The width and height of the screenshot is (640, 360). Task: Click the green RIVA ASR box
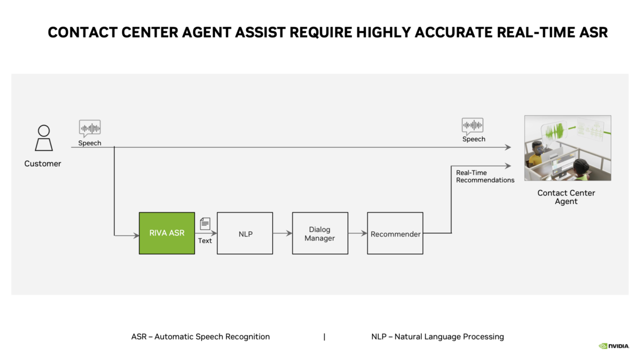[166, 233]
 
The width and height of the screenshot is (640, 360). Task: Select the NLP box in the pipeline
[245, 233]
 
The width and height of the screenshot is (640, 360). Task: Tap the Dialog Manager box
[320, 233]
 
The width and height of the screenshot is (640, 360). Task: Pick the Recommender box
[395, 233]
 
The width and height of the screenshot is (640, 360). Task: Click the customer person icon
[43, 137]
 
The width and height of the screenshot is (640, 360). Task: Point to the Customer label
[42, 163]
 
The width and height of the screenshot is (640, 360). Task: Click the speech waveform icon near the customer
[89, 128]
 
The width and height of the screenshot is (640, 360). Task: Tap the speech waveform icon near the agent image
[472, 126]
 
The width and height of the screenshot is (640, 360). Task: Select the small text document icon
[205, 223]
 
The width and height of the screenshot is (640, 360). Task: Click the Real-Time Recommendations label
[484, 176]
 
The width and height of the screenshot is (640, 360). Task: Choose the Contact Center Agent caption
[566, 197]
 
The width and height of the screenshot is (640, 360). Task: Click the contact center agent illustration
[567, 148]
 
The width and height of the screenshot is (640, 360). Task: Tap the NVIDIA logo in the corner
[613, 346]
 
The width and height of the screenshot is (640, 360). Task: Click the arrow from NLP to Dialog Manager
[282, 233]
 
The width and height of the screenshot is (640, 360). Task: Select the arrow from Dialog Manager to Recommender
[357, 233]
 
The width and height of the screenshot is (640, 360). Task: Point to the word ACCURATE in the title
[443, 32]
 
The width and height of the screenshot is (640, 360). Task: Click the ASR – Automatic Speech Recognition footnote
[200, 336]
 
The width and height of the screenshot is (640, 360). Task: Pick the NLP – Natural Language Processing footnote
[437, 336]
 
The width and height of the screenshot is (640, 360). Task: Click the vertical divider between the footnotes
[324, 336]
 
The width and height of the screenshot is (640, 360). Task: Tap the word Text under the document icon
[205, 240]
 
